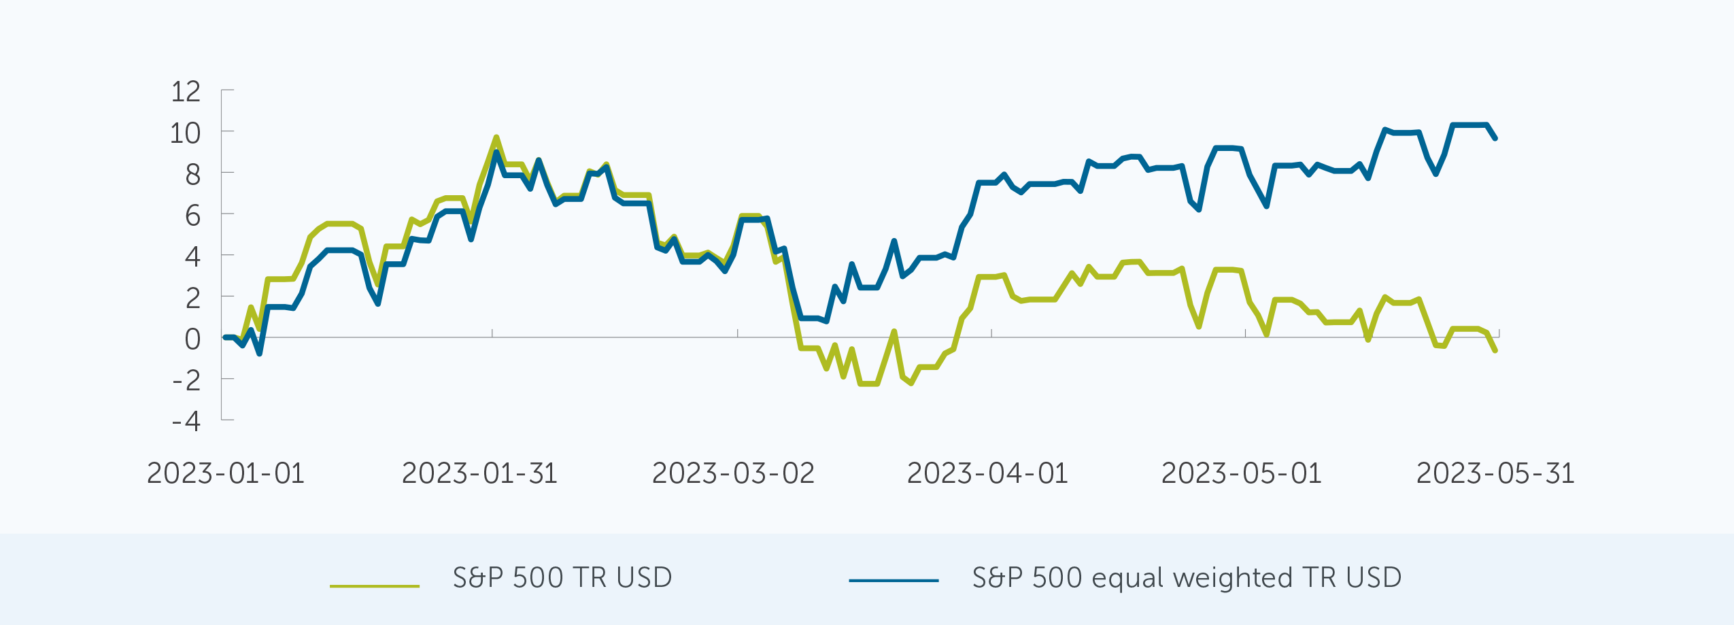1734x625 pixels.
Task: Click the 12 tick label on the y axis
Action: [x=186, y=92]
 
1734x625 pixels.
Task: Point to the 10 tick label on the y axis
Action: [x=185, y=133]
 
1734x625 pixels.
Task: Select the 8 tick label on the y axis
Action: [x=193, y=175]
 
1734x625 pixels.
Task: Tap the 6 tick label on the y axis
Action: [x=193, y=216]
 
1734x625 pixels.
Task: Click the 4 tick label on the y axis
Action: [x=193, y=257]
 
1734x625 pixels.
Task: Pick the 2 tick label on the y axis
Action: [x=193, y=298]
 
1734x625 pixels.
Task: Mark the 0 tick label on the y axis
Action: [x=193, y=339]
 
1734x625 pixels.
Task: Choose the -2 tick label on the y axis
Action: [x=186, y=380]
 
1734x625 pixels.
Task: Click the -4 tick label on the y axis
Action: [x=186, y=422]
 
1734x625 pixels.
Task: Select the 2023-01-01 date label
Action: [x=226, y=473]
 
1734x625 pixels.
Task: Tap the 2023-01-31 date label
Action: [x=479, y=473]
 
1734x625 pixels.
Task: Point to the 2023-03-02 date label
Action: [x=733, y=473]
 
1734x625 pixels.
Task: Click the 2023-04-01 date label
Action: [x=987, y=473]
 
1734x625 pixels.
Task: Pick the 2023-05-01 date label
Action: [x=1241, y=473]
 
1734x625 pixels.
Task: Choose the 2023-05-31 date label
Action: [x=1495, y=473]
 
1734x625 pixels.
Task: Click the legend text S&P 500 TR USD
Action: [x=562, y=578]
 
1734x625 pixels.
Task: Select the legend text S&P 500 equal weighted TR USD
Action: [x=1187, y=578]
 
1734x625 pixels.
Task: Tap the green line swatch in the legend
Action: [x=375, y=585]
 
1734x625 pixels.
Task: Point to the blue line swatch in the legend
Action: [x=894, y=581]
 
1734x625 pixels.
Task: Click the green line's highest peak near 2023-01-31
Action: [x=496, y=137]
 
